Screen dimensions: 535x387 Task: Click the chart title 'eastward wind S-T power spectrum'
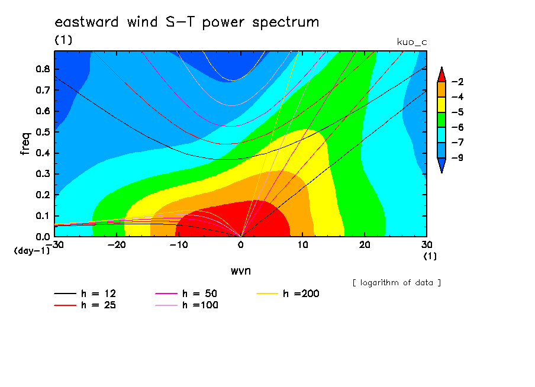186,22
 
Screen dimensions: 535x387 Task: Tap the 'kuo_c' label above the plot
412,42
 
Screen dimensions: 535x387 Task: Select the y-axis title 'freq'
25,144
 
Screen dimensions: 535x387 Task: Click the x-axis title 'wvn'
241,270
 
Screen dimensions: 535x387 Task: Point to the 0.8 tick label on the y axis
43,69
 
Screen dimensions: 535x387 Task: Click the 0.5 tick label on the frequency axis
43,132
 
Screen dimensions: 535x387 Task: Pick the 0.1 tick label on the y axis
43,216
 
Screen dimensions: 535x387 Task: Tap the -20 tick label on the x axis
117,245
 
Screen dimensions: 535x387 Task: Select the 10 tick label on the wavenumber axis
302,245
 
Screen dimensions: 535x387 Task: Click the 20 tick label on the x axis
365,245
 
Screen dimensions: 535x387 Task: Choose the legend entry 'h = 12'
85,294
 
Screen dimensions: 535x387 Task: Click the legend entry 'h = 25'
85,305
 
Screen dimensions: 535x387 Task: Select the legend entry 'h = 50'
186,294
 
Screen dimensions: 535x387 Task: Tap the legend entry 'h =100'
186,305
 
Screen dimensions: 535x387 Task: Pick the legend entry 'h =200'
288,294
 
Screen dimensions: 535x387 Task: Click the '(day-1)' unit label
32,251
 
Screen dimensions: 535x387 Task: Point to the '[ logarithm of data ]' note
397,283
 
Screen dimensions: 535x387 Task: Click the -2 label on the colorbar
457,82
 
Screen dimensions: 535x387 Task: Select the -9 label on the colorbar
457,157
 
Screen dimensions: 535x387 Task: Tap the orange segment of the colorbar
441,89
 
